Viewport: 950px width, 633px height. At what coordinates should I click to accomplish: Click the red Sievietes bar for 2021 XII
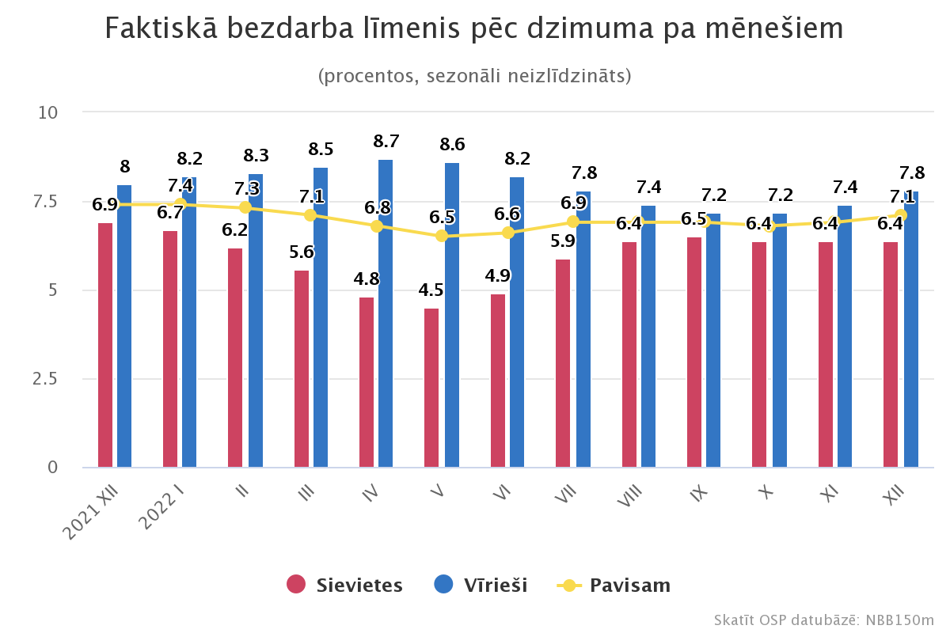pos(105,345)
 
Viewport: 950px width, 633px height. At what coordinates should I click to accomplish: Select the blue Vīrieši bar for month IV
pos(386,313)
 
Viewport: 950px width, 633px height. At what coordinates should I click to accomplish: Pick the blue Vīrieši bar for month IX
pos(713,340)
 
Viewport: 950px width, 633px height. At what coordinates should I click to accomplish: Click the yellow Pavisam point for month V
pos(442,236)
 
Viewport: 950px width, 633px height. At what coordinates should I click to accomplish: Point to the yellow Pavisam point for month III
pos(310,215)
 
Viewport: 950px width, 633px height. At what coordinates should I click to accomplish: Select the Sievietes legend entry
pos(344,585)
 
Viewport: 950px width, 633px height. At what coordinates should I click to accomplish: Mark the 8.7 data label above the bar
pos(386,142)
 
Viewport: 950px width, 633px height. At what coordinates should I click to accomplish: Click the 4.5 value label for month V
pos(431,290)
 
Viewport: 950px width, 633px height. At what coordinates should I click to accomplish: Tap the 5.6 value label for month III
pos(302,252)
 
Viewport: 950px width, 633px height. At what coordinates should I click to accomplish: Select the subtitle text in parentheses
pos(474,76)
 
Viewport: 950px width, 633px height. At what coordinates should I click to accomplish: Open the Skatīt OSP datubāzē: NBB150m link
pos(823,620)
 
